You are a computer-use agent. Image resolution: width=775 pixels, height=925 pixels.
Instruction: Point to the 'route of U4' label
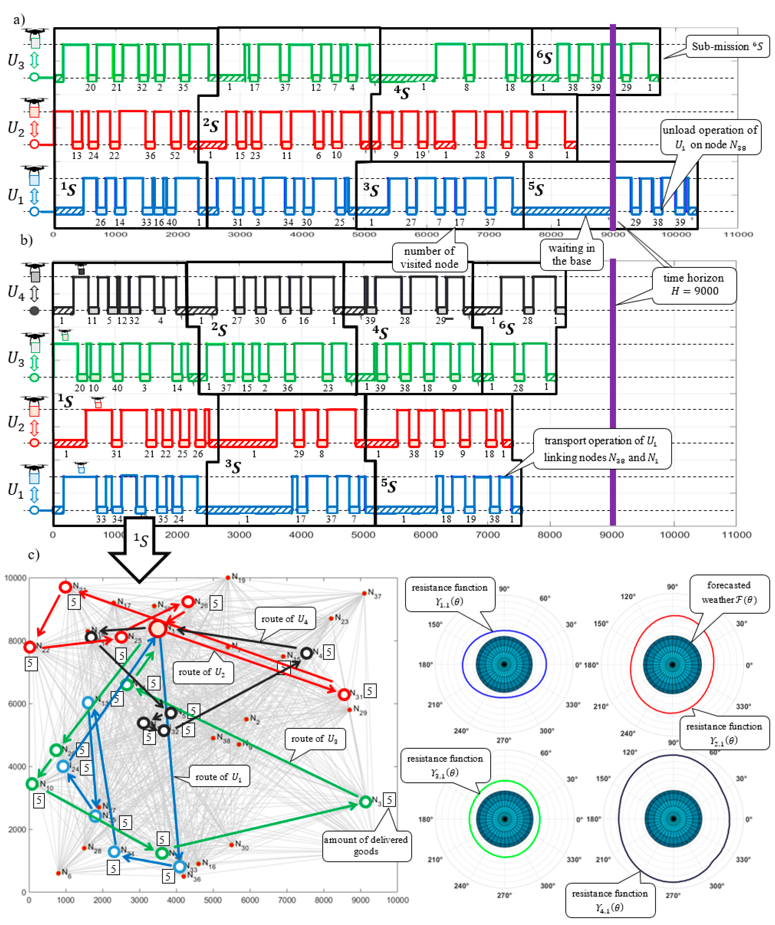[x=284, y=619]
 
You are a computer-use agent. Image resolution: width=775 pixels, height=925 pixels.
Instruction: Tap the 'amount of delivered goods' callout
[x=366, y=845]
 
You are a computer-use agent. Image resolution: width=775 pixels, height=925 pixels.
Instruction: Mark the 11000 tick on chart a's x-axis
[x=738, y=234]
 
